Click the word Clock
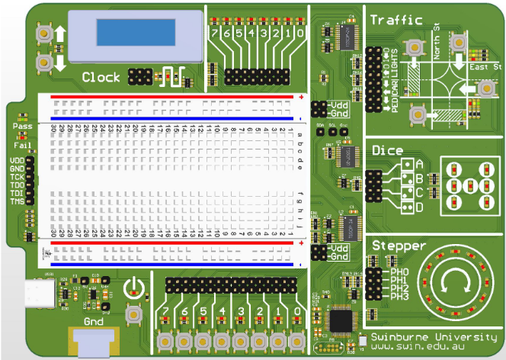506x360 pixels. (x=101, y=77)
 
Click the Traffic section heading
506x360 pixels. (x=397, y=20)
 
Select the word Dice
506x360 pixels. (x=387, y=151)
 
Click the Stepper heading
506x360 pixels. (x=398, y=246)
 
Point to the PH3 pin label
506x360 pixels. (x=399, y=297)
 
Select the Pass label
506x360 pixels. (x=22, y=126)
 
